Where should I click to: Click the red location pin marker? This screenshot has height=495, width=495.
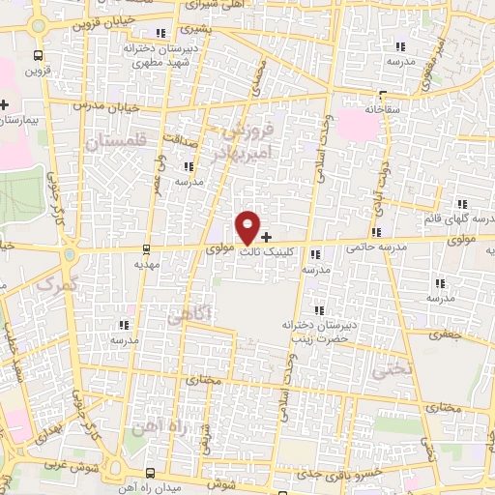click(248, 226)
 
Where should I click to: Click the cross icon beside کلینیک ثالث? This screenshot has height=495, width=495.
click(267, 236)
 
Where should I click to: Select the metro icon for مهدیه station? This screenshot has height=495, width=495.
click(146, 247)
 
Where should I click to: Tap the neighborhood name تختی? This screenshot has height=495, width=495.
click(396, 368)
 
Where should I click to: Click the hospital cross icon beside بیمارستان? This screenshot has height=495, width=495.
click(5, 104)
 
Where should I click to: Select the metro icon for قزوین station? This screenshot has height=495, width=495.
click(37, 55)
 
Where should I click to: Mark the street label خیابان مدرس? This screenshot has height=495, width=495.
click(72, 104)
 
